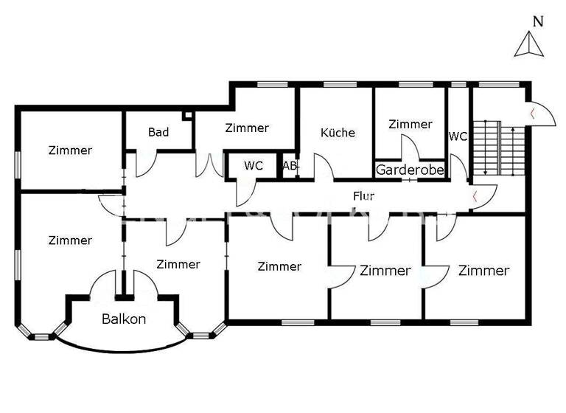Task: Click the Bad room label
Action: point(158,133)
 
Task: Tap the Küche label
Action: point(338,133)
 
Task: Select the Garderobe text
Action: point(410,170)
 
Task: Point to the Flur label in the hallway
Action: point(364,197)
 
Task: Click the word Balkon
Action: point(124,319)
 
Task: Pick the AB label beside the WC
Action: point(290,167)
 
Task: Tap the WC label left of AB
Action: point(254,167)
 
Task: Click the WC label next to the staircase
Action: point(458,136)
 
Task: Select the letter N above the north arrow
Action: point(538,21)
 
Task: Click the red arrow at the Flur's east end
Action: point(475,197)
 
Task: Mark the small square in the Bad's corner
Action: point(187,115)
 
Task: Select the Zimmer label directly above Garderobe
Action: point(410,125)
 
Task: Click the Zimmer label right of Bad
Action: point(247,128)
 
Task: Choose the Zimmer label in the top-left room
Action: point(70,150)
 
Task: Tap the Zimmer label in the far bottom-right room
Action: point(483,271)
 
